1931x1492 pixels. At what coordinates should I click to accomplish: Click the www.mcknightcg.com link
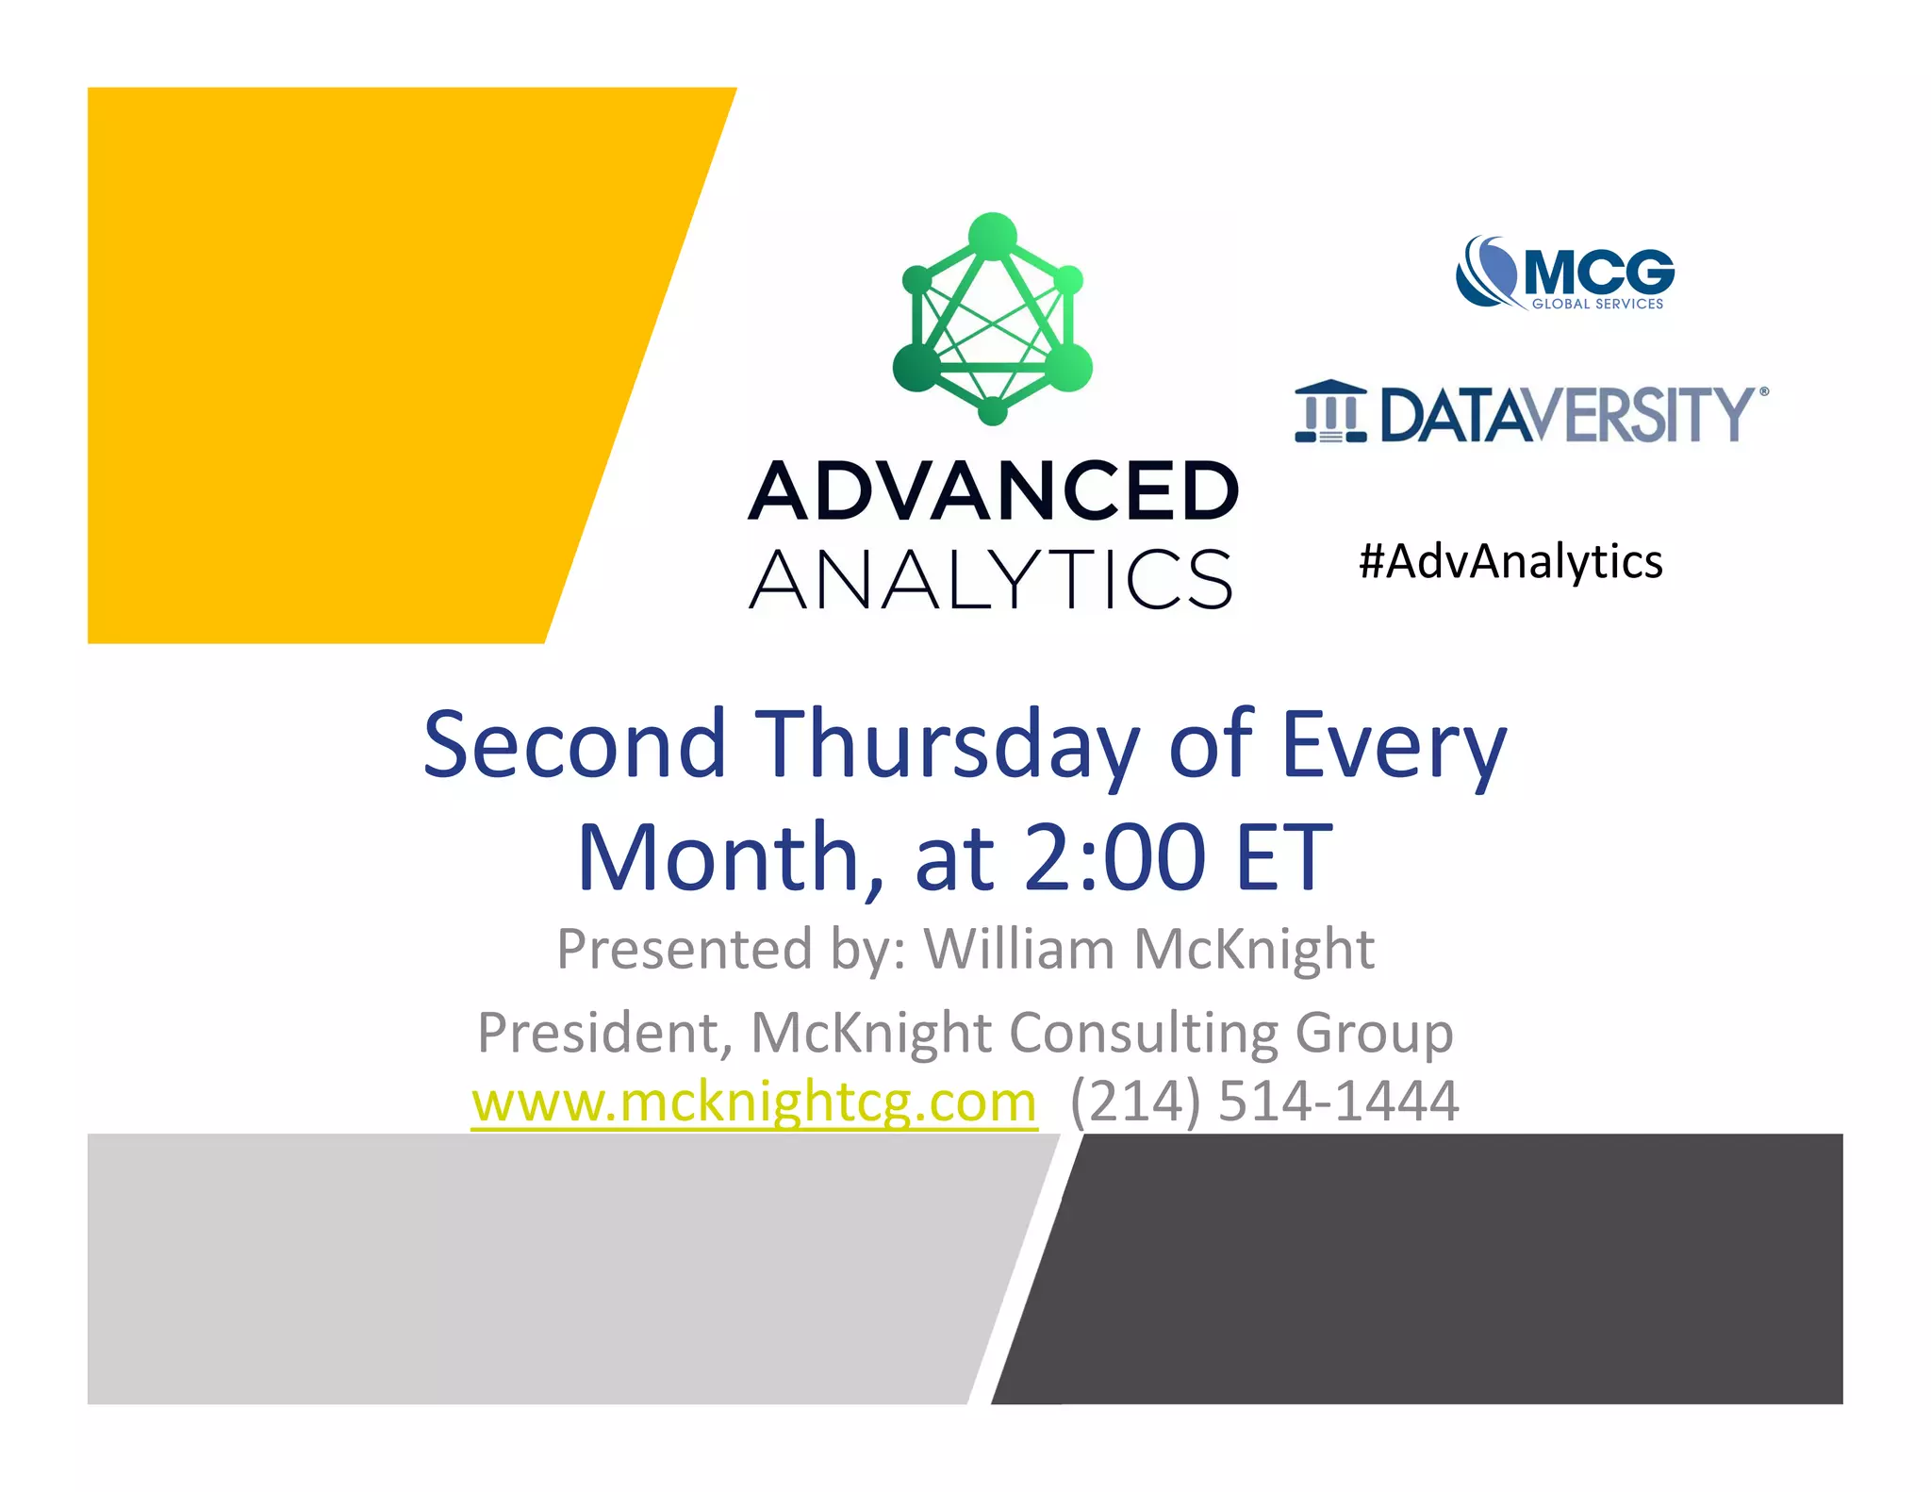click(x=753, y=1101)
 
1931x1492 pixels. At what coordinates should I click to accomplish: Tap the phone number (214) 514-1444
click(x=1264, y=1101)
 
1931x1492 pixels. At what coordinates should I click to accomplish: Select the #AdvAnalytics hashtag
click(x=1510, y=561)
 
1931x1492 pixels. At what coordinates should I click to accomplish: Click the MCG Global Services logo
click(x=1565, y=273)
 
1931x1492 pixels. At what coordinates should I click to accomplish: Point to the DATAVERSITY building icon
click(x=1330, y=412)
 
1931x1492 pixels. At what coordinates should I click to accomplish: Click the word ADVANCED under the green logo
click(x=993, y=491)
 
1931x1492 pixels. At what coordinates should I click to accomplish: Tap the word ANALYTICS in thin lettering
click(x=991, y=579)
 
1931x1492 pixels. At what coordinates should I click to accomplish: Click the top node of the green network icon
click(x=993, y=235)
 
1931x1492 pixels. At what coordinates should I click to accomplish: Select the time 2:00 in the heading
click(x=1114, y=857)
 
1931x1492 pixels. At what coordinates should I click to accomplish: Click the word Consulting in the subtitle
click(x=1144, y=1034)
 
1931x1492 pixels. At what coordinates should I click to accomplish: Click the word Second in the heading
click(x=574, y=745)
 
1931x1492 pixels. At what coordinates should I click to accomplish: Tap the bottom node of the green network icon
click(x=993, y=411)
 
